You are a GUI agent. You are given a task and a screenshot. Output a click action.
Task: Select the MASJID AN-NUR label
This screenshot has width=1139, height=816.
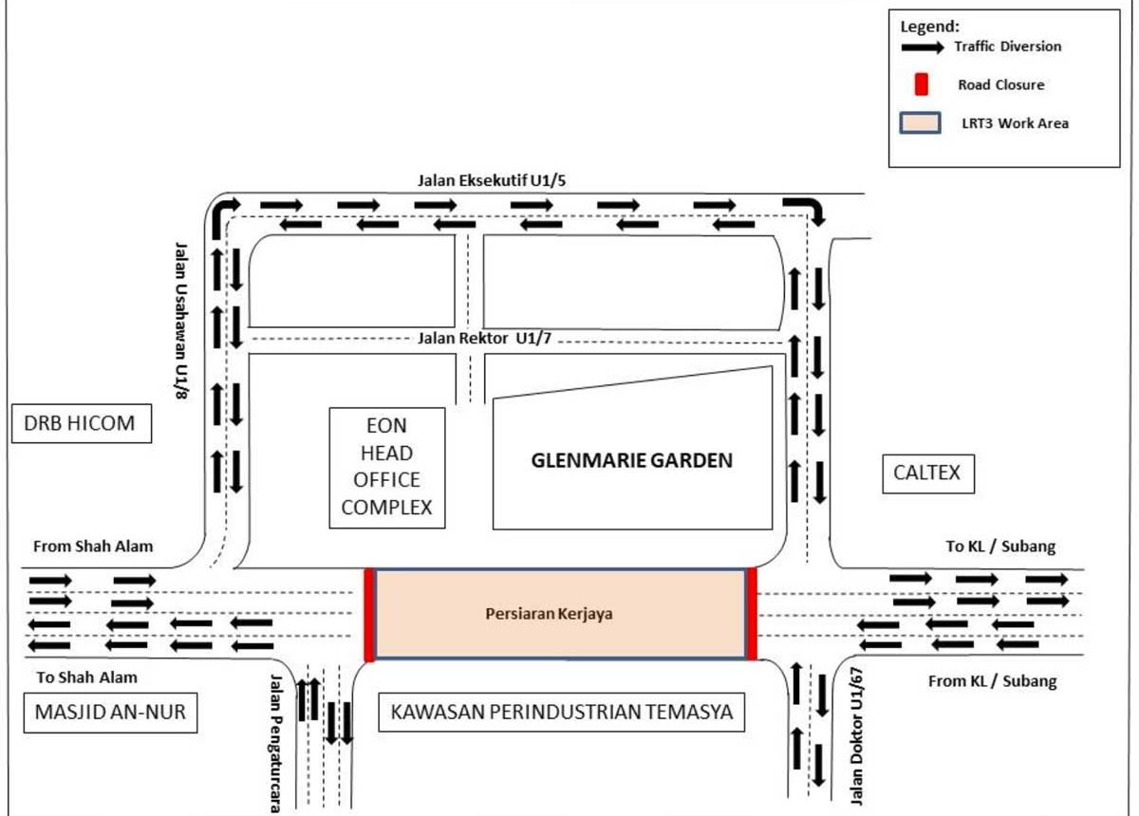(x=109, y=714)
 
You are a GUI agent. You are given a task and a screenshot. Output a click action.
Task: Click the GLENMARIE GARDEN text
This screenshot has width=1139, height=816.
(x=632, y=462)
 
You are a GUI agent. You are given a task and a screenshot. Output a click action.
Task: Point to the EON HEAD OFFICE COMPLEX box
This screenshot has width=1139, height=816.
(x=386, y=467)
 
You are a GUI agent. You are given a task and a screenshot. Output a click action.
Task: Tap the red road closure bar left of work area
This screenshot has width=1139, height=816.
(x=369, y=615)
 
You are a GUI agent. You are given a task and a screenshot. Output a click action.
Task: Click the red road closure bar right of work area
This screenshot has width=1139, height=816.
(x=751, y=614)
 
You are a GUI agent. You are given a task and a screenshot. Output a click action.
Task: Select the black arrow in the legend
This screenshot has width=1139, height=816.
(x=922, y=46)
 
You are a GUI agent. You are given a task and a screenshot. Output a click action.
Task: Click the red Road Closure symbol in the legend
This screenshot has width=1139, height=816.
(x=921, y=84)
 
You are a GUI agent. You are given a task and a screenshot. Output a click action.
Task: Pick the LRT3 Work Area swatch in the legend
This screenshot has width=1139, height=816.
(x=921, y=123)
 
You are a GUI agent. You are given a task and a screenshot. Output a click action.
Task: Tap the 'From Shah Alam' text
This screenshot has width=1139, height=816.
(x=93, y=547)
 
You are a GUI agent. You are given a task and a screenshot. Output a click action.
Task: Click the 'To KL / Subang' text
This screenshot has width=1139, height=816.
(x=1000, y=547)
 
